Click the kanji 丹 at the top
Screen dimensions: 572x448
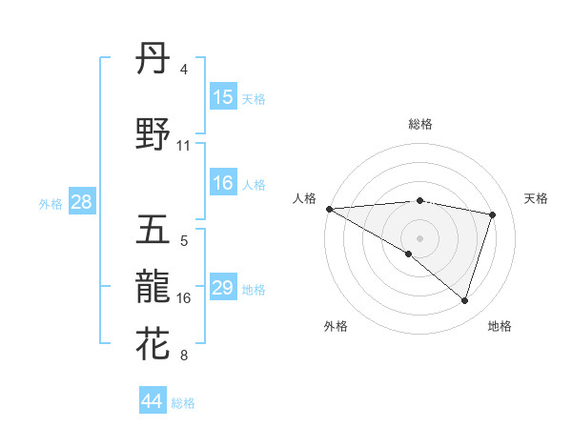[153, 61]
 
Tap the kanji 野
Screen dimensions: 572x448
[153, 135]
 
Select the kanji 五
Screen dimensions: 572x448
[153, 231]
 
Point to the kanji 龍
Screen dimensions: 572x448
[153, 287]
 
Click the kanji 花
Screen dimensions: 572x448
[153, 344]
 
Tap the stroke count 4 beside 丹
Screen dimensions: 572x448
[183, 70]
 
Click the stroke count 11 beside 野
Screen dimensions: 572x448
[184, 146]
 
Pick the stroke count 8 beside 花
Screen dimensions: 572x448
[183, 356]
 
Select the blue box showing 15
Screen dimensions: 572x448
[223, 97]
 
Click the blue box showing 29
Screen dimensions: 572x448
[223, 288]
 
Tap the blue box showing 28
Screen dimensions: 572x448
[81, 202]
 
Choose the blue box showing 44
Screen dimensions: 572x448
[153, 401]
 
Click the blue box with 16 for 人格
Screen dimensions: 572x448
[223, 183]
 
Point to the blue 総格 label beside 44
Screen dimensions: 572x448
[183, 403]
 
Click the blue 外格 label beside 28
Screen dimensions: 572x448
[51, 203]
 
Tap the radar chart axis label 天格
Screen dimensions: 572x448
[537, 198]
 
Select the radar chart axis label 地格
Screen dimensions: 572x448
[500, 326]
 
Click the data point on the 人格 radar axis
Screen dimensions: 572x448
[329, 209]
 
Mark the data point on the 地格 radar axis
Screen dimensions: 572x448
[464, 301]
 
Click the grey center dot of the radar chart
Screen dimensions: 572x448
[419, 237]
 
